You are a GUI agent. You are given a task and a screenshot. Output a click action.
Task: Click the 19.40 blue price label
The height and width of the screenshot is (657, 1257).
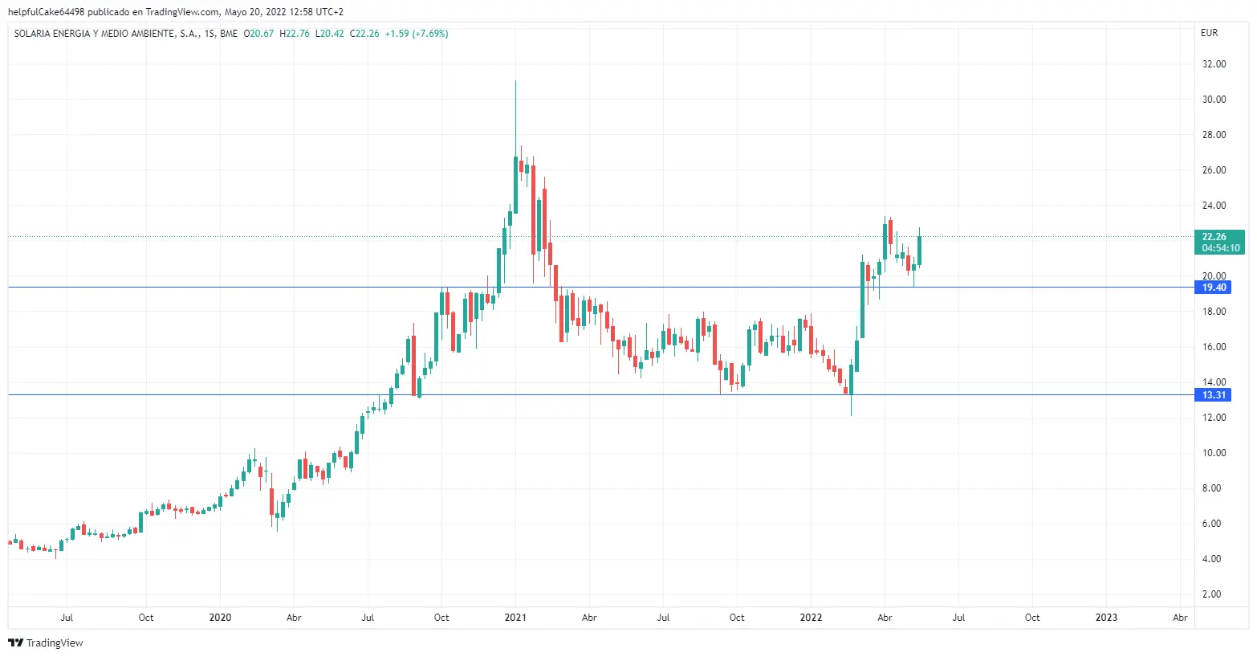[1214, 288]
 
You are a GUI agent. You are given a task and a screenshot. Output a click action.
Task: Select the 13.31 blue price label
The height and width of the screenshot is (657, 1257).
[1214, 395]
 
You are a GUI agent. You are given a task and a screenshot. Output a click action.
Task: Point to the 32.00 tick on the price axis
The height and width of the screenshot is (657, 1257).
[1214, 64]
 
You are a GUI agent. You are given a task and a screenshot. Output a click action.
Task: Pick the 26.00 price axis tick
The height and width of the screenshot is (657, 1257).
[1214, 170]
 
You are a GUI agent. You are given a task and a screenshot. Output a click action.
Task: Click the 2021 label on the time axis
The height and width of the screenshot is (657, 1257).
[515, 618]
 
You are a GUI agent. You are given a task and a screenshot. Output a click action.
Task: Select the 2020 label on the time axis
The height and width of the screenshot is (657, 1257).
[220, 618]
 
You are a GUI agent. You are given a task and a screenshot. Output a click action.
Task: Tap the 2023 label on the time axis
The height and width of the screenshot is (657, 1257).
[1106, 618]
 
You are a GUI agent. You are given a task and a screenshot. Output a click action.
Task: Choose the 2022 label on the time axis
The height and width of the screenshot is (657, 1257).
[811, 618]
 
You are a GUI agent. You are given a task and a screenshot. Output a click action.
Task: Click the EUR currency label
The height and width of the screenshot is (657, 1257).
[1209, 33]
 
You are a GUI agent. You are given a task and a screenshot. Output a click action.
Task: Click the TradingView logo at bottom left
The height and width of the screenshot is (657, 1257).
[46, 643]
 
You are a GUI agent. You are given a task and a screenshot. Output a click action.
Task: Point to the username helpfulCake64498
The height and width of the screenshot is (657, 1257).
[46, 12]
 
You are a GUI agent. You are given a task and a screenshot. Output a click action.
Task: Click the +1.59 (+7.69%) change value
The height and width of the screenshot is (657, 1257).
[417, 34]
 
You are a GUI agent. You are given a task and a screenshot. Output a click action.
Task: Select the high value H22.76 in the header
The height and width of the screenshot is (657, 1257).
[295, 34]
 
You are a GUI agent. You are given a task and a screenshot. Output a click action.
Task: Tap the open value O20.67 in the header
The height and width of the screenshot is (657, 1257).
[258, 34]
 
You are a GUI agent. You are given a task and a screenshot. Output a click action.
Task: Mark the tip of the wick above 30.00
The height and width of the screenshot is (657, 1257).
[515, 81]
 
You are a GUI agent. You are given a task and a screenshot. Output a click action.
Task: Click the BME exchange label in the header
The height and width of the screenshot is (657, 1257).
[229, 34]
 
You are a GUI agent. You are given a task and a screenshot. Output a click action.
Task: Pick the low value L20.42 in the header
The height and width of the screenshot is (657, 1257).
[330, 34]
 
